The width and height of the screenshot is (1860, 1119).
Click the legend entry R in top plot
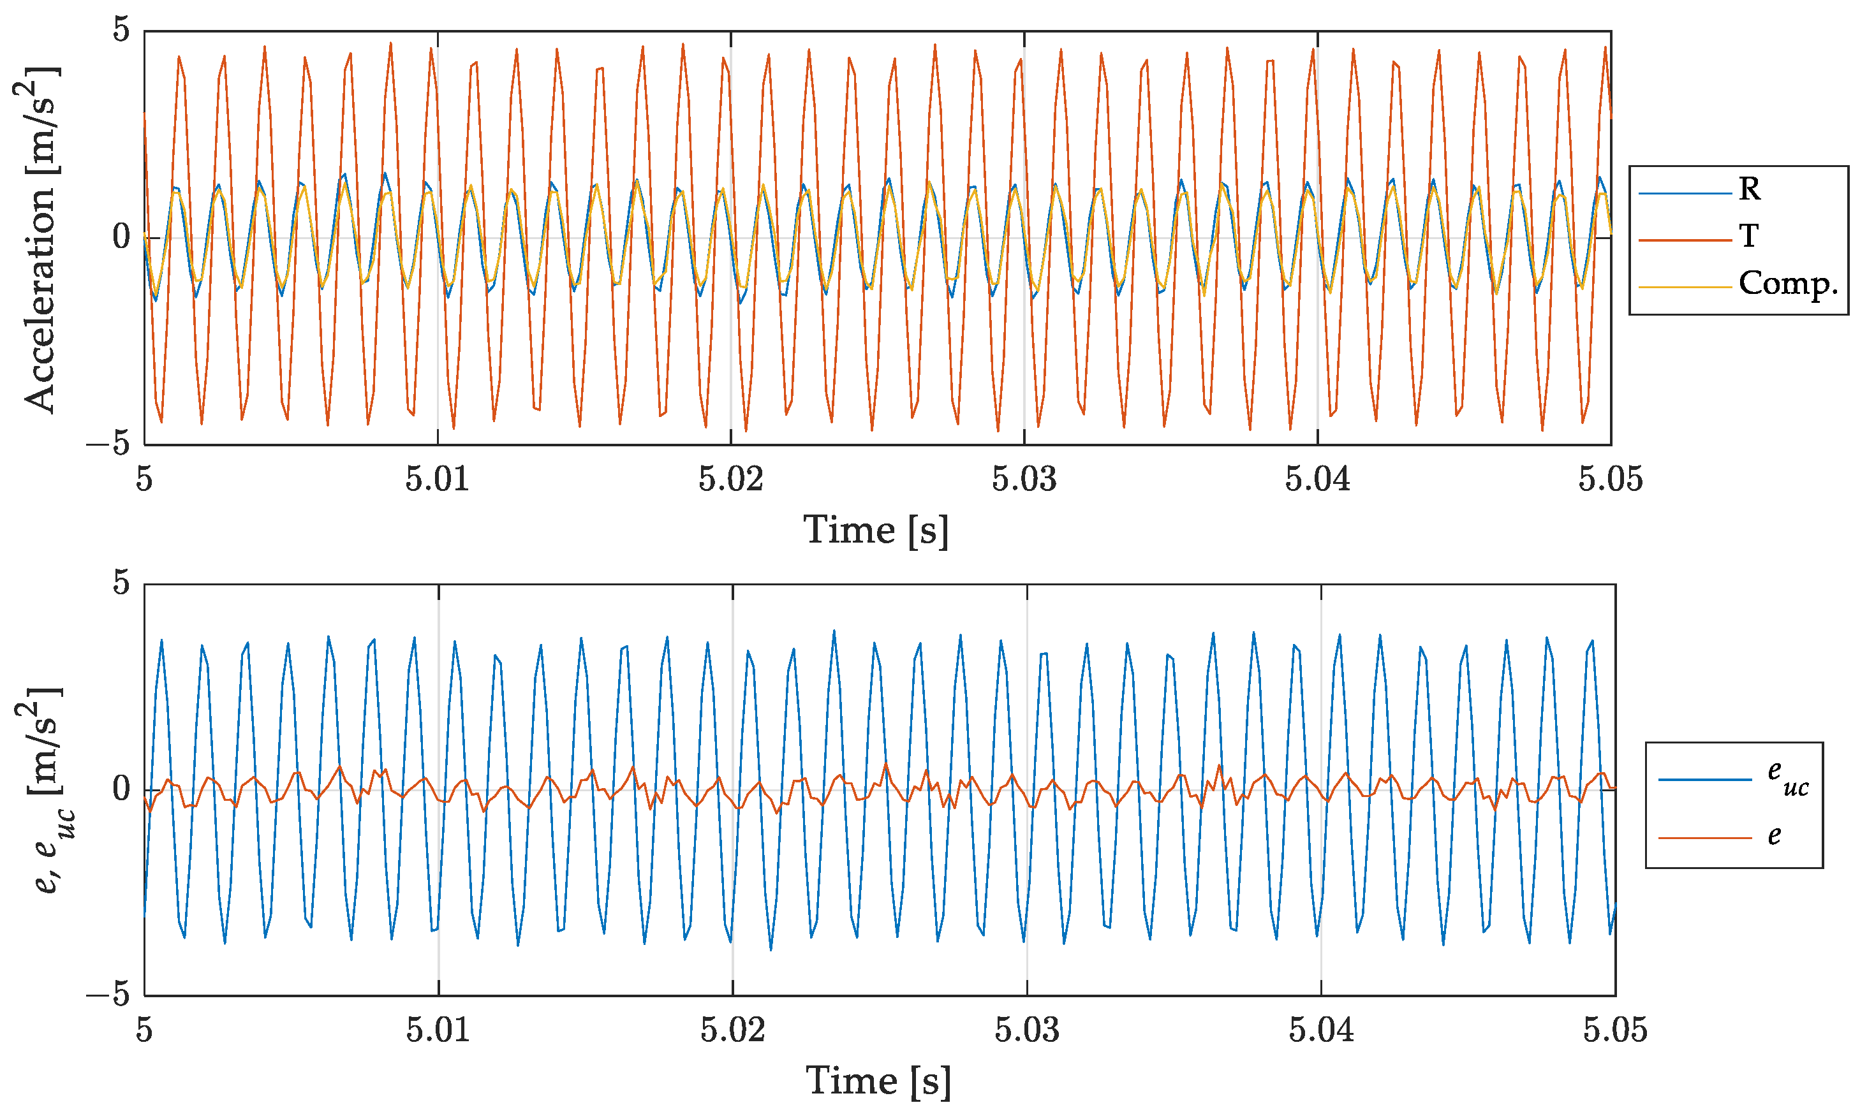[1748, 189]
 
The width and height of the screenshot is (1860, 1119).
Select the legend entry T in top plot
[1748, 237]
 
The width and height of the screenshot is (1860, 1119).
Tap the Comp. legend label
[1787, 284]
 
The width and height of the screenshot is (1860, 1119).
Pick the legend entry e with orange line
[1774, 835]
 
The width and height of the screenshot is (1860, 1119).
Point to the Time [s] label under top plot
[875, 530]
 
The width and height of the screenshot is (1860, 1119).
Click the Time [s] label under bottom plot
[878, 1081]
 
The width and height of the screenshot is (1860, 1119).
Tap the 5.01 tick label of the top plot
[437, 479]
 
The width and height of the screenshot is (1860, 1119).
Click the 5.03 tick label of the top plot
[1024, 479]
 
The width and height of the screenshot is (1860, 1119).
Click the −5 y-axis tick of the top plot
[108, 444]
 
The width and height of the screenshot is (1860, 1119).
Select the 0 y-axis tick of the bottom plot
[121, 789]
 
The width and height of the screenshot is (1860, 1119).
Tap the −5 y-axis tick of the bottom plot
[108, 995]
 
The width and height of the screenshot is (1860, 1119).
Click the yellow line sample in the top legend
[1684, 286]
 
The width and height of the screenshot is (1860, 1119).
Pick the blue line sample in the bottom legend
[1704, 779]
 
